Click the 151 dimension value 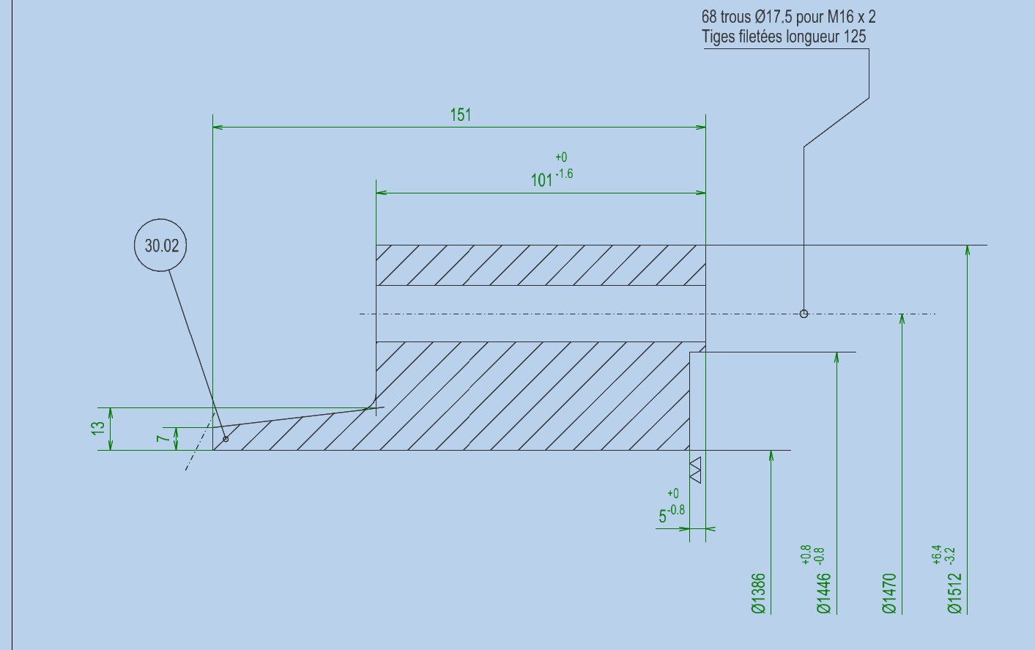[x=461, y=114]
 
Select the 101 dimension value [x=541, y=180]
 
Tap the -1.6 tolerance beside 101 [x=564, y=174]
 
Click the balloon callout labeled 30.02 [x=160, y=245]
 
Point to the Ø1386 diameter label [x=759, y=594]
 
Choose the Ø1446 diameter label [x=824, y=594]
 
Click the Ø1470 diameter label [x=889, y=594]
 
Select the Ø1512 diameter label [x=954, y=594]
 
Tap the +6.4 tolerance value [x=937, y=555]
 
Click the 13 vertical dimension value [x=98, y=429]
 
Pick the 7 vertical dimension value [x=163, y=438]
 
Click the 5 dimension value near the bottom [x=663, y=517]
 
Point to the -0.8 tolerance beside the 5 [x=676, y=510]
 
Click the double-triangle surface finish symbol [x=695, y=470]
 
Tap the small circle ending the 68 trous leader [x=804, y=314]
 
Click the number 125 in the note [x=855, y=37]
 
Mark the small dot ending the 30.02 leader [x=226, y=439]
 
